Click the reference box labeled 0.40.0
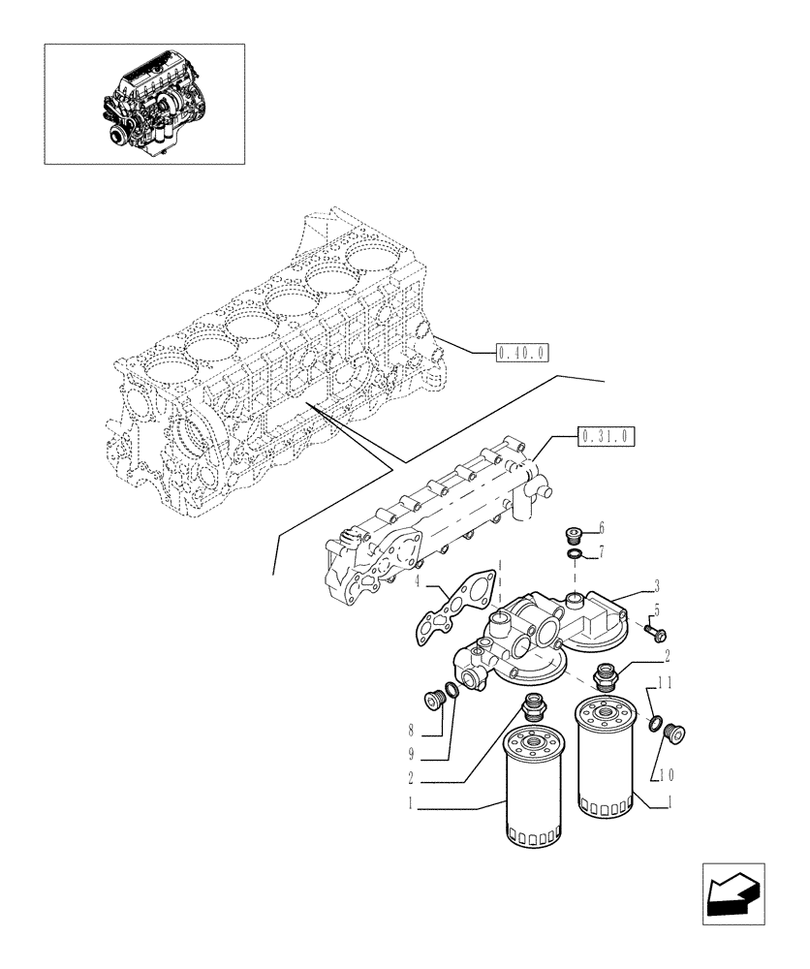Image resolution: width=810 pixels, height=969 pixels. [521, 353]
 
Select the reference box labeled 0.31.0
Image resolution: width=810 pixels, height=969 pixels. [606, 437]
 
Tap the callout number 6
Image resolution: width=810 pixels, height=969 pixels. [601, 528]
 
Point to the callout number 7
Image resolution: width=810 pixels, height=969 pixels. [601, 552]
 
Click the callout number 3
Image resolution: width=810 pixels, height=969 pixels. [656, 586]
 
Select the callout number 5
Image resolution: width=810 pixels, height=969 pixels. [656, 610]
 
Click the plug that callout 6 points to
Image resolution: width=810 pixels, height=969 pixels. [574, 534]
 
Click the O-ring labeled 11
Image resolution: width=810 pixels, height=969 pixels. [656, 723]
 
